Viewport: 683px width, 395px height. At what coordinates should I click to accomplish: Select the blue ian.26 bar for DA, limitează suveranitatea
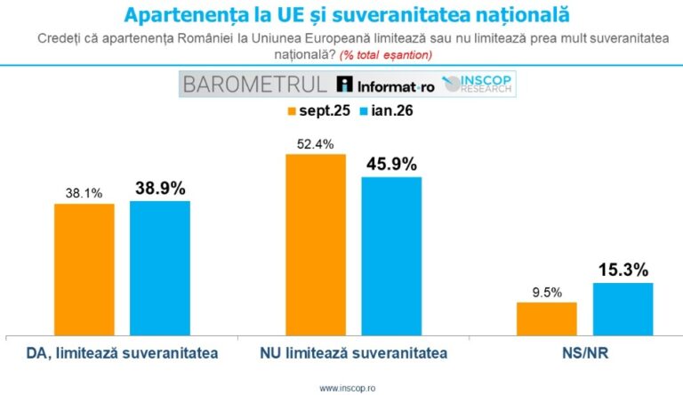160,268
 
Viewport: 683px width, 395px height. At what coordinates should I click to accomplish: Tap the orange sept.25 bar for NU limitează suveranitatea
315,245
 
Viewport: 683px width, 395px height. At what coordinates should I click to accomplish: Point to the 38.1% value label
84,191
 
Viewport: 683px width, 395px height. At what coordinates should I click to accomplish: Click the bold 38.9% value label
160,188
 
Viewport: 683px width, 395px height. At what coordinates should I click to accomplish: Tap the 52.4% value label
315,142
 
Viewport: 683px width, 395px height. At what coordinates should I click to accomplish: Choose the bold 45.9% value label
391,164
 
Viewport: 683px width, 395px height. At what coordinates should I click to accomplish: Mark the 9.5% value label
546,290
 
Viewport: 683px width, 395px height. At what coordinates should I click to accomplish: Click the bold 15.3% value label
623,269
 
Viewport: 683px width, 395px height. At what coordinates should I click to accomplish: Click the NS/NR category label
584,354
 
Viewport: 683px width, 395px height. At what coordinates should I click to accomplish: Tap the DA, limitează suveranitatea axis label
120,354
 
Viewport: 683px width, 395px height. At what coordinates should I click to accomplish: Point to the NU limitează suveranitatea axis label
353,354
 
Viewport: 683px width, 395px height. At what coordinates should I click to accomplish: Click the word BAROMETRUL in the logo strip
254,85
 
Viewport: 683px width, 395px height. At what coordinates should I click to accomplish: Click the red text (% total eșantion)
390,55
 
